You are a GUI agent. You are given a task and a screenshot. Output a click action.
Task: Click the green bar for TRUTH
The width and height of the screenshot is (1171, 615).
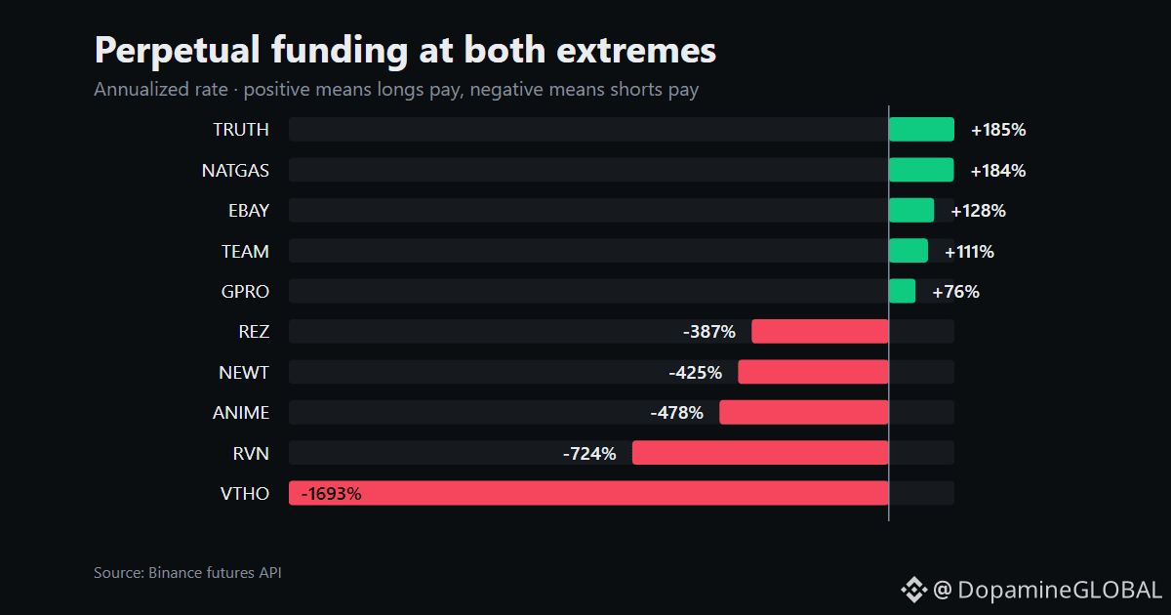point(921,129)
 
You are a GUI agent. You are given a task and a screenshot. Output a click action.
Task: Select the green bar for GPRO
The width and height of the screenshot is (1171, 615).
point(903,291)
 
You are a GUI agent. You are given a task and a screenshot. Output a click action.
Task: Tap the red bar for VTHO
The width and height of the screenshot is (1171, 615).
point(588,493)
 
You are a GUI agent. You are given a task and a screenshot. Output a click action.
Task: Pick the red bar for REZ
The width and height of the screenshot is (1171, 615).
point(821,332)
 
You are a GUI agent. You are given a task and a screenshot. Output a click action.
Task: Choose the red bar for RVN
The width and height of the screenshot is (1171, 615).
point(760,453)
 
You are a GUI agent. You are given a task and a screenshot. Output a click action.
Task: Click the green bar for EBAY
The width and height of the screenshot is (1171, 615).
point(911,210)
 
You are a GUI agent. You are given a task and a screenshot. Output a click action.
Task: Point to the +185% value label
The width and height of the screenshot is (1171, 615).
point(998,130)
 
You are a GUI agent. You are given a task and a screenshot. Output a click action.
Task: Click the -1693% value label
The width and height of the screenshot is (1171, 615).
point(332,494)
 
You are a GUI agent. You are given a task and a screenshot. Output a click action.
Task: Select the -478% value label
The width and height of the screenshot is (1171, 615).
point(677,413)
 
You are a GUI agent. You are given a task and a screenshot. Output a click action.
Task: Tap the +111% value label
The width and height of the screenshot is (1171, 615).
point(969,252)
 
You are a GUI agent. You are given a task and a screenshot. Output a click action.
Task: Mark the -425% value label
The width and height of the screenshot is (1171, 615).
point(696,373)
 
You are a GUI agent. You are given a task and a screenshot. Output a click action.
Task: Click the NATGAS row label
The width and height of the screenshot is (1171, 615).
point(235,171)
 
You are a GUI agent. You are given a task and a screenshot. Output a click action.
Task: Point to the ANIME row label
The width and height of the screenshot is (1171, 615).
point(241,413)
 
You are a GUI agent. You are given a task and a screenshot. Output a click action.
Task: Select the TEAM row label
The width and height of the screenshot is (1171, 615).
point(245,252)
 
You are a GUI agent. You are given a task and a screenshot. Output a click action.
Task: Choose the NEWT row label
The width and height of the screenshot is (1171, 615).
point(244,372)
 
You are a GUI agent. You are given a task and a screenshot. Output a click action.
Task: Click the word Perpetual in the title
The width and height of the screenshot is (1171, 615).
point(178,51)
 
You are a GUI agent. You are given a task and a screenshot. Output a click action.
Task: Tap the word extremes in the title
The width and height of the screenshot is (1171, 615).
point(636,51)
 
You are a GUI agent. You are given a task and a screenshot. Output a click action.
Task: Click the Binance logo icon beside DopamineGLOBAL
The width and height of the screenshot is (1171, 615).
point(913,590)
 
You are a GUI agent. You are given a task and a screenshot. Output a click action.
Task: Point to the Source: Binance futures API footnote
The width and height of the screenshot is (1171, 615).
point(187,573)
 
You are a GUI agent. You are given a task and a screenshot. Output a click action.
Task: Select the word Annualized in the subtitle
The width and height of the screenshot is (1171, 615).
point(161,90)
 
